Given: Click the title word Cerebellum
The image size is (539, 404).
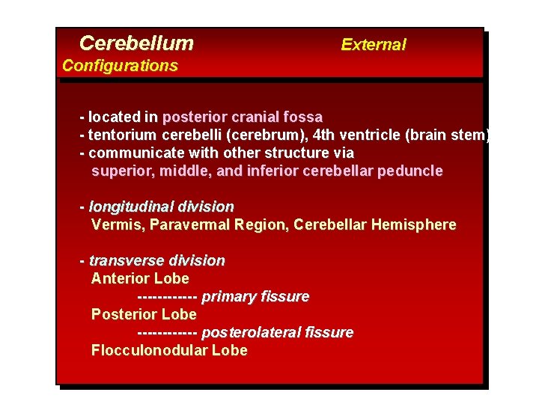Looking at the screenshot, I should (x=136, y=43).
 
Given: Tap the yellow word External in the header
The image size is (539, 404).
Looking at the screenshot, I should (x=373, y=45).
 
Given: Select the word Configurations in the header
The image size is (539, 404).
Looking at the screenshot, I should (x=120, y=66).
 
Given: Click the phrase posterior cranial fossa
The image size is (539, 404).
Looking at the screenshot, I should (x=242, y=117).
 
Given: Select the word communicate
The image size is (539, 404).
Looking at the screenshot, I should (x=130, y=153).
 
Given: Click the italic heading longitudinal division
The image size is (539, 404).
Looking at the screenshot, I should (x=161, y=206).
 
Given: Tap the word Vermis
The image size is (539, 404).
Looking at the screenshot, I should (x=114, y=224).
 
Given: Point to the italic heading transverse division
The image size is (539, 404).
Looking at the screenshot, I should (x=156, y=261).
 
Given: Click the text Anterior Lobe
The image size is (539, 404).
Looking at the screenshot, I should (x=140, y=279).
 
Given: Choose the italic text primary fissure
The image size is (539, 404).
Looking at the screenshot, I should (x=255, y=297).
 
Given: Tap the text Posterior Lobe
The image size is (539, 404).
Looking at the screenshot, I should (x=144, y=315).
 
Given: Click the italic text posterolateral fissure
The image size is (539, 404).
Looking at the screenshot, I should (x=278, y=333).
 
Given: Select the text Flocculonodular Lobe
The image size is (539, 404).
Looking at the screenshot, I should (x=169, y=351).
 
